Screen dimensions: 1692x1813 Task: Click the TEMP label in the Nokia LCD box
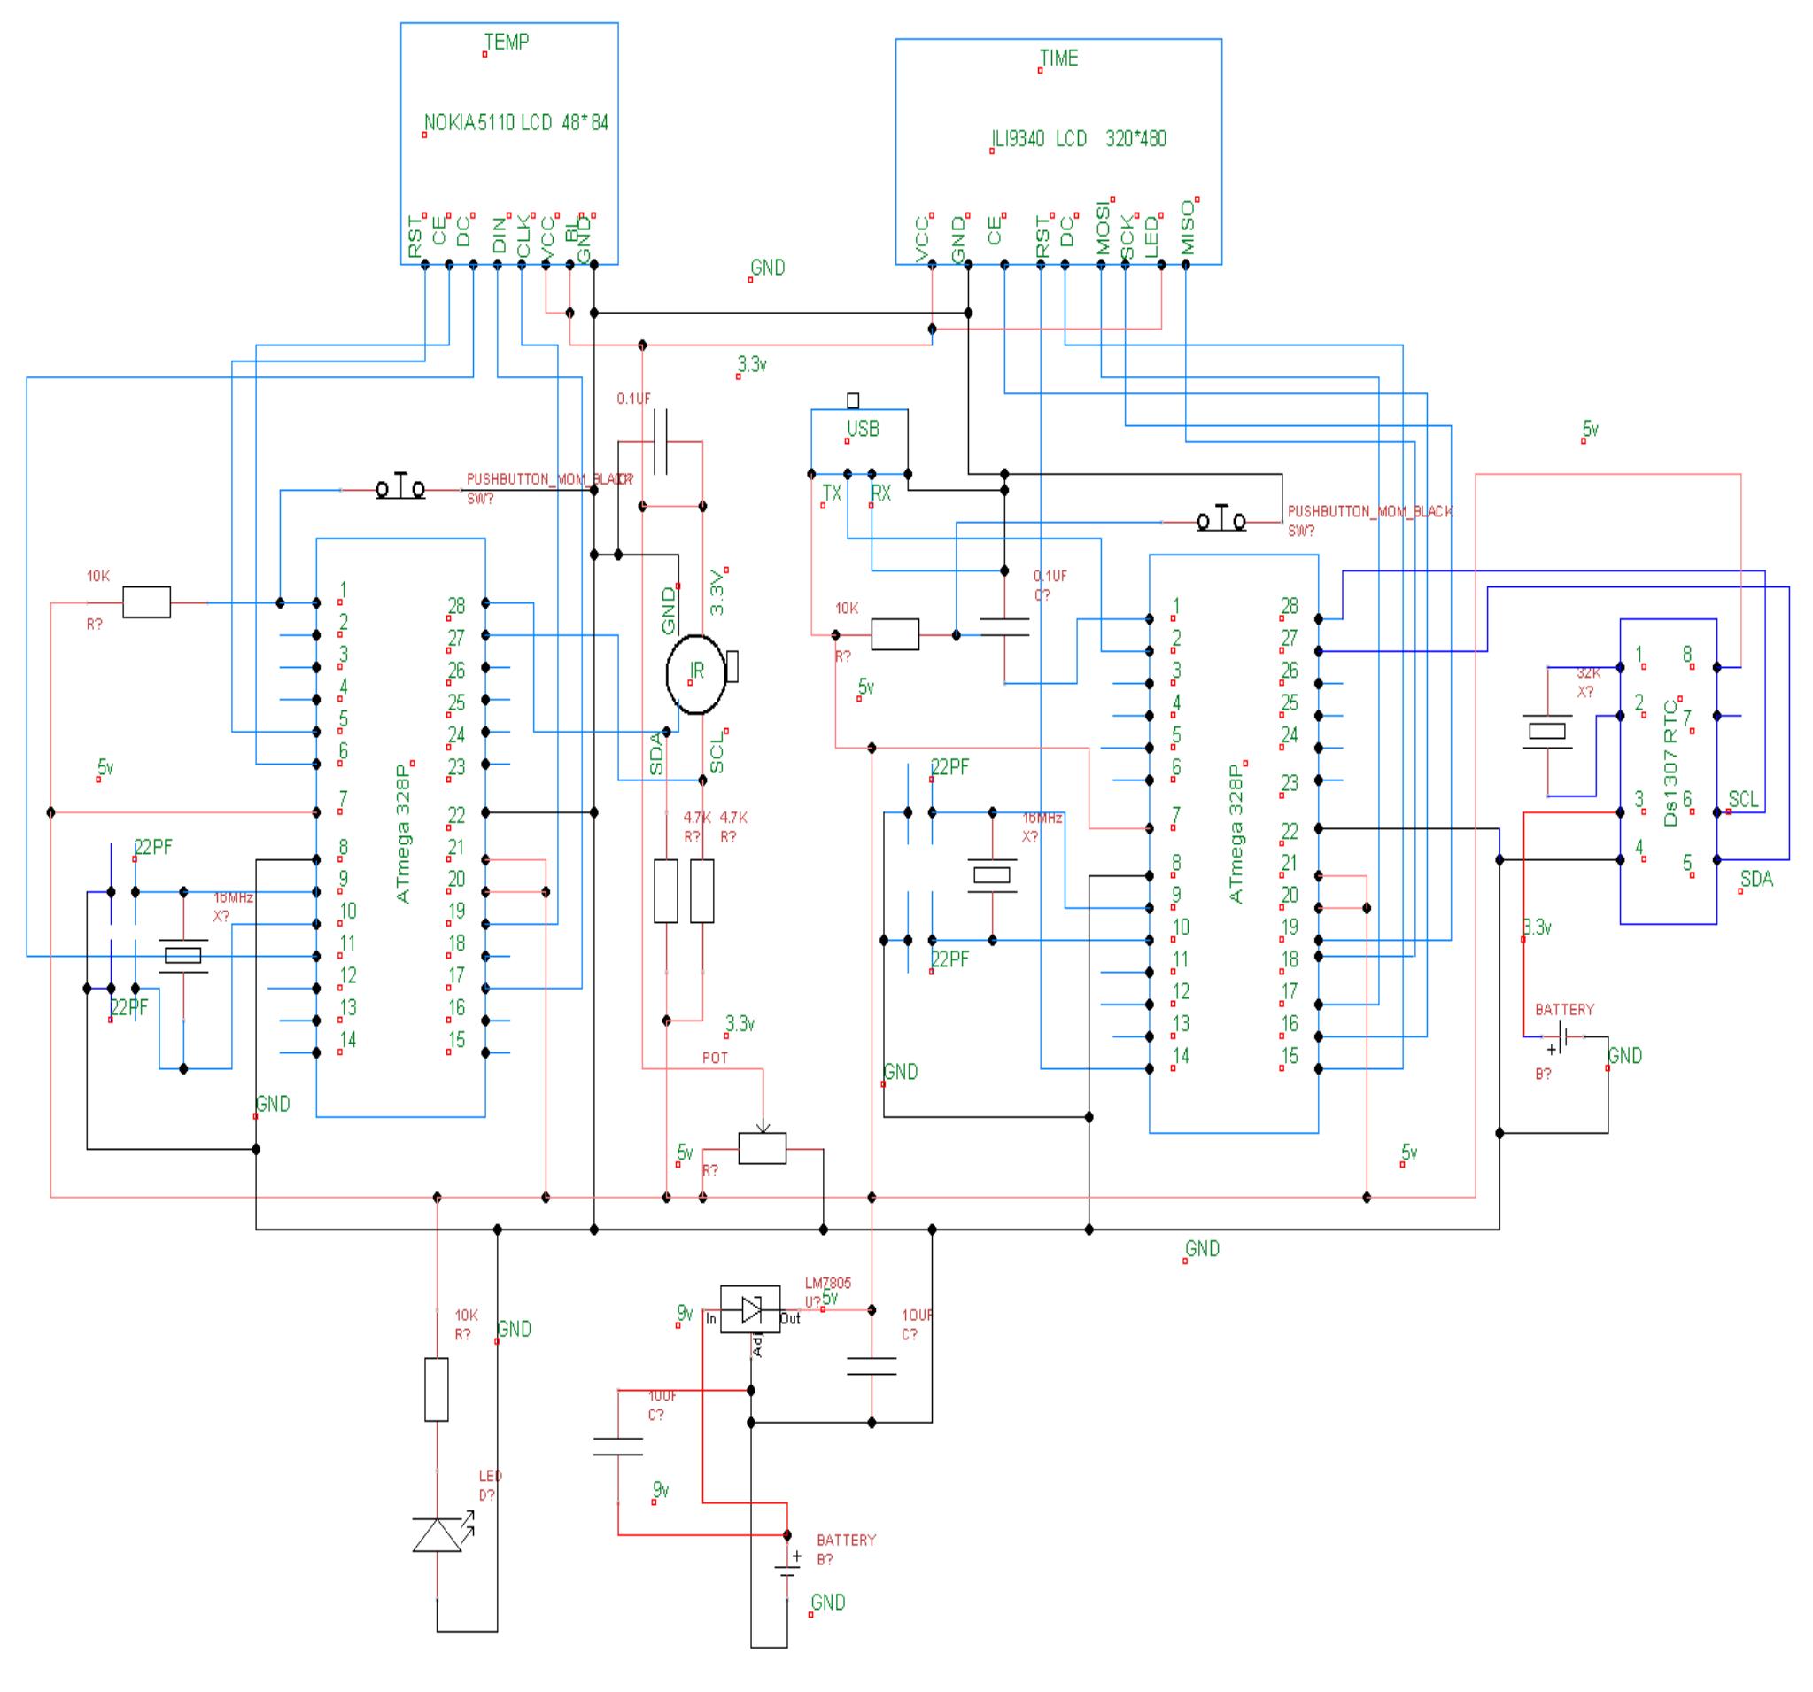(506, 42)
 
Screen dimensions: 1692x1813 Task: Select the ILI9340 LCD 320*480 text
(1079, 139)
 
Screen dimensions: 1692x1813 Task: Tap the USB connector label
(863, 429)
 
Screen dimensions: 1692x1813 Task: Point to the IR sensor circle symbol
(697, 674)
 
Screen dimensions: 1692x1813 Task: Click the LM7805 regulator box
(749, 1310)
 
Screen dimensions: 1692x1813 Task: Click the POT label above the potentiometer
(715, 1058)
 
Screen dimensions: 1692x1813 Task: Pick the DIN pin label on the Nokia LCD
(499, 236)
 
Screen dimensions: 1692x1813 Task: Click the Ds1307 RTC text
(1670, 763)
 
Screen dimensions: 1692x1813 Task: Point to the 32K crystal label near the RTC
(1589, 673)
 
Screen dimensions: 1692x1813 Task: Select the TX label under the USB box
(832, 493)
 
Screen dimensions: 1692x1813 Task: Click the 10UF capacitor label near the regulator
(917, 1316)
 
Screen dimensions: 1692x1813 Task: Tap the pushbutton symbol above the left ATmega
(401, 490)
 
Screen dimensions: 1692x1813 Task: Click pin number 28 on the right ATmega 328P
(1289, 606)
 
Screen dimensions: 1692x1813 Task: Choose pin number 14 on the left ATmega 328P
(347, 1039)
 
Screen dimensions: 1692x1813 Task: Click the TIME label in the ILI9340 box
(1058, 58)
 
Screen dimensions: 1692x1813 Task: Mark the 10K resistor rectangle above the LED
(437, 1389)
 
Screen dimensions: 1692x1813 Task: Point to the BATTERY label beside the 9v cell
(846, 1540)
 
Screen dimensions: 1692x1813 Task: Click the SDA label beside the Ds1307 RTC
(1756, 880)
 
